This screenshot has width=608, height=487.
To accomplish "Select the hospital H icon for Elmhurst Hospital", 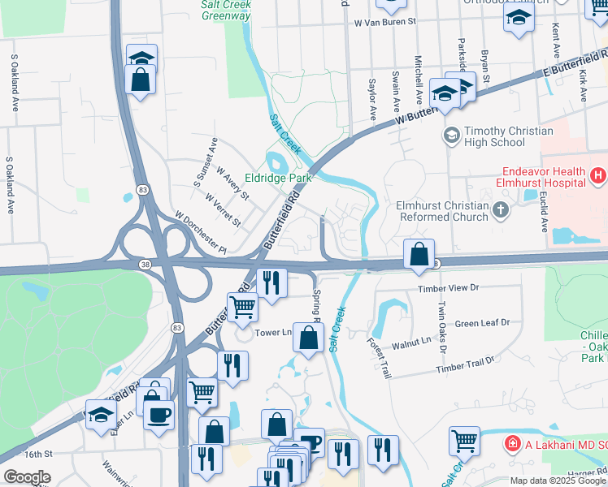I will point(599,175).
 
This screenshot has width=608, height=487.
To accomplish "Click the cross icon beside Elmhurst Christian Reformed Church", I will point(502,211).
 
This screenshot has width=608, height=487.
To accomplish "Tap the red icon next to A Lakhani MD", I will point(513,444).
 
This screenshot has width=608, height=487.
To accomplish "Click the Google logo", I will point(27,477).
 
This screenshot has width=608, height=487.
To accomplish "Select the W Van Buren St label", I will point(385,23).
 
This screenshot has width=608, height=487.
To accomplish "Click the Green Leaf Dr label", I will point(482,322).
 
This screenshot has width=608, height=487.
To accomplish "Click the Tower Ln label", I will point(273,332).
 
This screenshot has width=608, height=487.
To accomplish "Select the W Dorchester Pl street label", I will point(206,231).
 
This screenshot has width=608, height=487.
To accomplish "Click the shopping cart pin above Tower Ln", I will point(243,307).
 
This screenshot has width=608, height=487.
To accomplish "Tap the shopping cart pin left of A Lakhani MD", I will point(464,441).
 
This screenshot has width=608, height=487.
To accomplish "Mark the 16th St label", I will point(37,455).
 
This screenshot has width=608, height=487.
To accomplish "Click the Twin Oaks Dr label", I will point(442,327).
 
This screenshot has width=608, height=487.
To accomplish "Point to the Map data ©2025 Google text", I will point(558,481).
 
